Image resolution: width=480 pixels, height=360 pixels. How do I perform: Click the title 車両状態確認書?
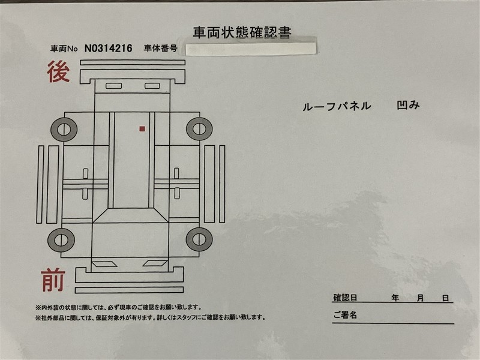pos(242,32)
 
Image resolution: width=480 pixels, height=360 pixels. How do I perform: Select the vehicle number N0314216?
pos(109,49)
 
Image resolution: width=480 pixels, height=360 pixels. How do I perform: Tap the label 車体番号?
pos(161,48)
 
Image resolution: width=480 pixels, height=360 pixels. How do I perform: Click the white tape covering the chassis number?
pos(251,49)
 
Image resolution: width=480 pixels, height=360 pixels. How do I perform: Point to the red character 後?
pos(58,71)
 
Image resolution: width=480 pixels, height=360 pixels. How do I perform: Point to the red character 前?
pos(53,280)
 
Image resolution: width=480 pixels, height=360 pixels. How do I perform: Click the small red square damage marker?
pos(142,129)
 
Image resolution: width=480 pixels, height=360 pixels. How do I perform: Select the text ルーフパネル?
pos(337,107)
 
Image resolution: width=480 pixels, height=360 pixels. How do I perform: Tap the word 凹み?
pos(409,106)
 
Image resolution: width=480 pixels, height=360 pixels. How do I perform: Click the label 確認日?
pos(345,298)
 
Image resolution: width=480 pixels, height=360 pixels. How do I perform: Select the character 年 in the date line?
pos(395,298)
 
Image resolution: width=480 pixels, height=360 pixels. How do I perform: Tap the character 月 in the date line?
pos(421,298)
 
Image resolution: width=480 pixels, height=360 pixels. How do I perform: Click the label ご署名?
pos(345,314)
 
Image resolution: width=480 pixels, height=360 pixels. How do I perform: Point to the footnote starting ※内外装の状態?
pos(119,307)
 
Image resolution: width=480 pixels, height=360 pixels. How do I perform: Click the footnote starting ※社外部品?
pos(151,317)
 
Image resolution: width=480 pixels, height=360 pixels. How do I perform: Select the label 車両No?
pos(64,49)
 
